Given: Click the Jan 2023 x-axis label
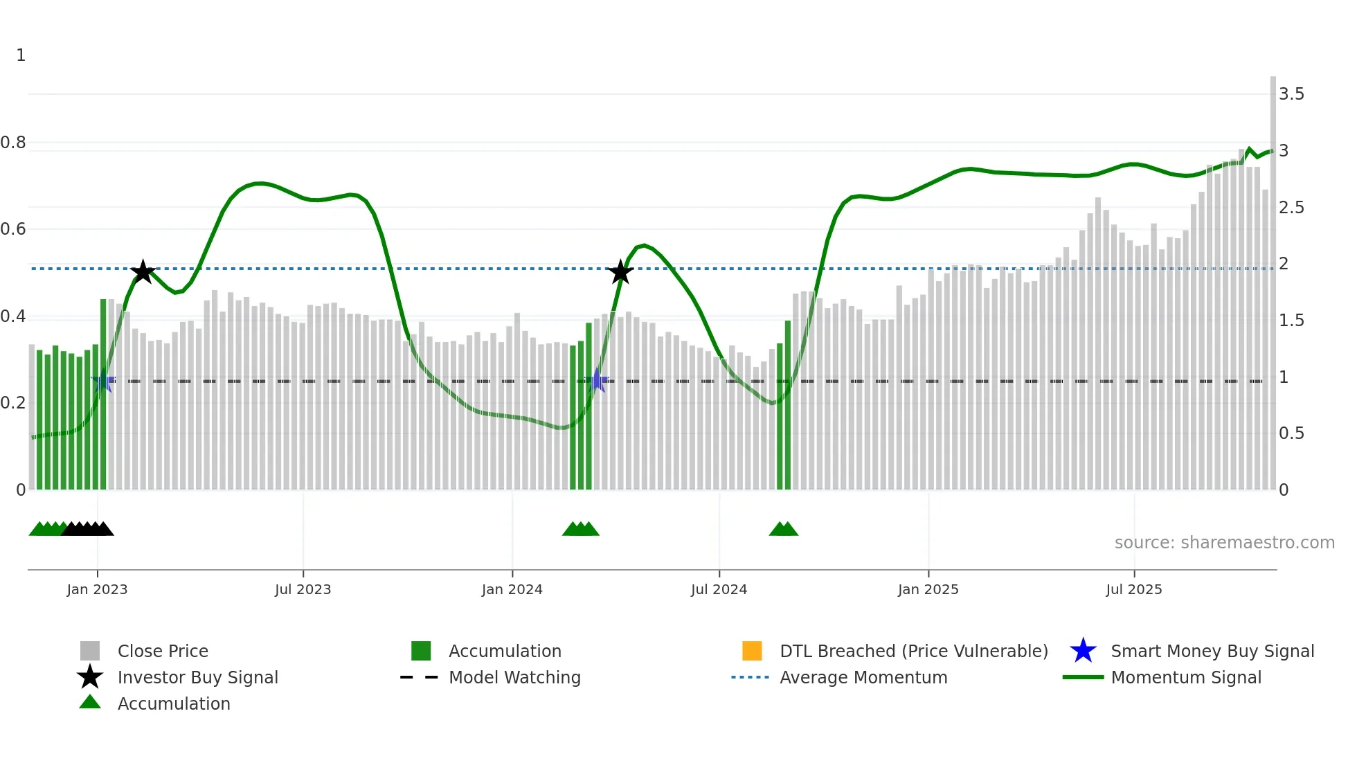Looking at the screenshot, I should (x=97, y=589).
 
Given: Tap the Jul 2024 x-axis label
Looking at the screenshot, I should (x=719, y=589).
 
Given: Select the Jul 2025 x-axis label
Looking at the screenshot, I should (x=1133, y=589).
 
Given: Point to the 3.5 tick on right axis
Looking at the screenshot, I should (x=1291, y=94).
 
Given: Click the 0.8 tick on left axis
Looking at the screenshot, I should (x=13, y=143).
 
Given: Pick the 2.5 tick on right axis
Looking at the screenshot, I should (x=1291, y=208).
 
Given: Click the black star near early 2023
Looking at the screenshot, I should (x=143, y=272).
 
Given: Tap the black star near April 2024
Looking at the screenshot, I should (x=620, y=272).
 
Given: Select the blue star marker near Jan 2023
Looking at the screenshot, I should (x=103, y=381).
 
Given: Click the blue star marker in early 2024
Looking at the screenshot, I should (x=597, y=381).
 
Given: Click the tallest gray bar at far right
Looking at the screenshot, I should (x=1273, y=277).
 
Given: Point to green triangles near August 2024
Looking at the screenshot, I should (x=783, y=529).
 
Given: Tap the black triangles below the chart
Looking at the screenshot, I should (x=88, y=529).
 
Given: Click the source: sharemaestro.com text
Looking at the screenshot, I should (x=1224, y=543).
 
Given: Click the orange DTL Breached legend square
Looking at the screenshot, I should (x=752, y=651).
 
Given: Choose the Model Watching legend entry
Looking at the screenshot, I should (x=514, y=677).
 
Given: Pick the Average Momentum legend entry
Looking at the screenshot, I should (x=863, y=677).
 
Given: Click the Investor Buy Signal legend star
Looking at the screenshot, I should (x=90, y=677).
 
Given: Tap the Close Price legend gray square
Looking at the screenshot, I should (x=90, y=651).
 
